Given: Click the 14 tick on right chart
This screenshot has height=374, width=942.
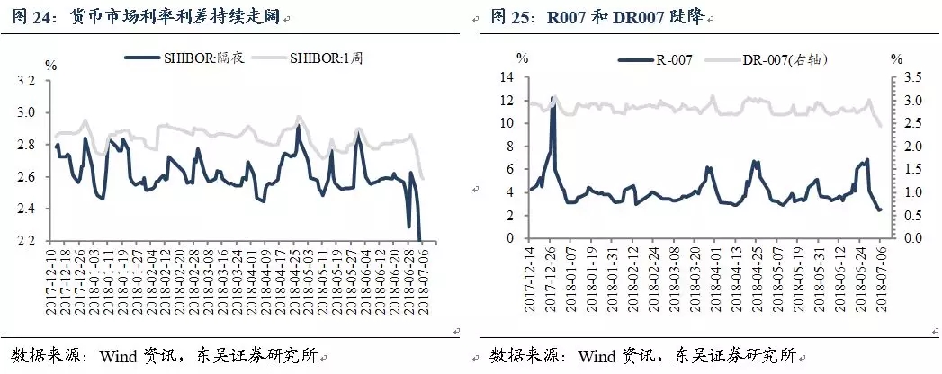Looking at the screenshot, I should pyautogui.click(x=506, y=78).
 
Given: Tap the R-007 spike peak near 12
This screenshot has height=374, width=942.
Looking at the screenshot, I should pyautogui.click(x=552, y=98).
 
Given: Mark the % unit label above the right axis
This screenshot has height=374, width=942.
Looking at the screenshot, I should pyautogui.click(x=896, y=59).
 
